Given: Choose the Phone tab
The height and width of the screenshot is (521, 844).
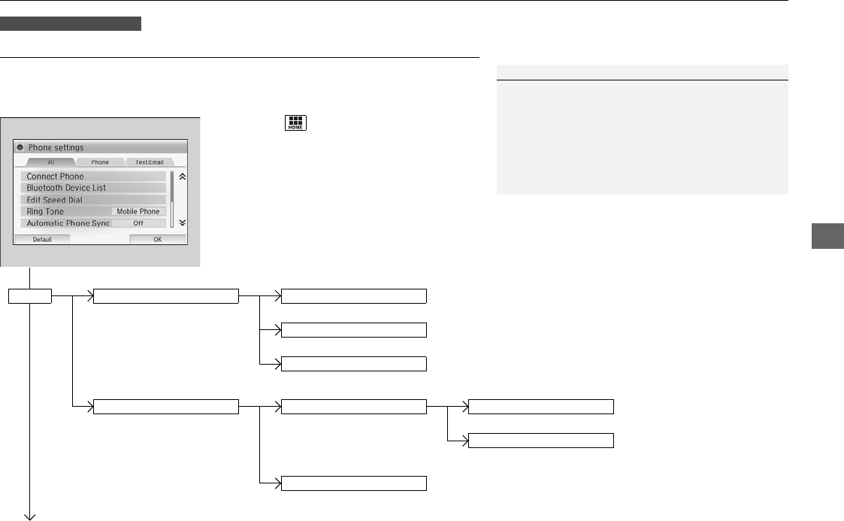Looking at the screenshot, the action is [100, 162].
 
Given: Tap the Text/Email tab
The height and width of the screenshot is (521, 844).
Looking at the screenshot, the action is [149, 162].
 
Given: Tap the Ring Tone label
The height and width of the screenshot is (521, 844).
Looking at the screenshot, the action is [45, 212].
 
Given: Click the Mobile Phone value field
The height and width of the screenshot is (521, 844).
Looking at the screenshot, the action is [138, 212].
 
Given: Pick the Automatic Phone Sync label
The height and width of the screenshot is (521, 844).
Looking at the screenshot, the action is [68, 223].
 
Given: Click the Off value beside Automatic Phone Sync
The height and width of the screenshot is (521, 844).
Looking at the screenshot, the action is [138, 223].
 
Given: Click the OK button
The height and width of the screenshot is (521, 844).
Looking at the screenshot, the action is [157, 238].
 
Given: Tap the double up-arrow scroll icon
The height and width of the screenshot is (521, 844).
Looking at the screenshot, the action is [181, 176].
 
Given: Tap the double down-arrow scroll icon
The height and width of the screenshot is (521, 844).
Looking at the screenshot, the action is [181, 223].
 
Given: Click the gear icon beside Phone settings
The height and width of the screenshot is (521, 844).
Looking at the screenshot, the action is [20, 147].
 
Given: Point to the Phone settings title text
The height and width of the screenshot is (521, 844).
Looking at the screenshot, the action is [56, 147].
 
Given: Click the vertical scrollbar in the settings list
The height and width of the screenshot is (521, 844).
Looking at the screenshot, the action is [172, 188].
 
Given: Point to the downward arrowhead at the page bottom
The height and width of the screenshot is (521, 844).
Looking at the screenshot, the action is [31, 516].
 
